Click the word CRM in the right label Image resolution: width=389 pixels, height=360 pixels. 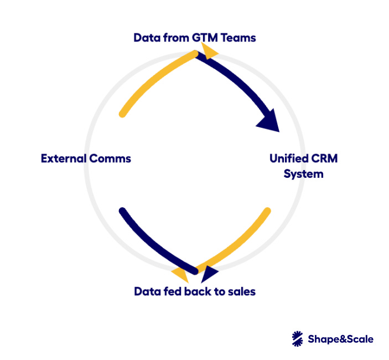[326, 159]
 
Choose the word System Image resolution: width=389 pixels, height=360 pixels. [303, 174]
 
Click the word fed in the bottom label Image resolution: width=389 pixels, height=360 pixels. [174, 291]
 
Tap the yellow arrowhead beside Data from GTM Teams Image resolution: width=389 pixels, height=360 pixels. [210, 52]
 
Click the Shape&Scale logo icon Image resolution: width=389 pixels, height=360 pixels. [298, 338]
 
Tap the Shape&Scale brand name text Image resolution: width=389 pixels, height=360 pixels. [341, 339]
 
